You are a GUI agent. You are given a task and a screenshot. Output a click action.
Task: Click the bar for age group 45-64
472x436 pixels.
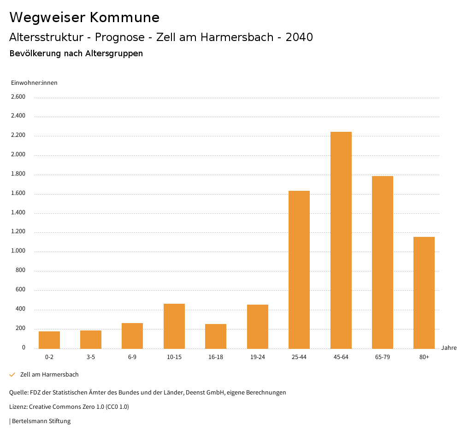341,240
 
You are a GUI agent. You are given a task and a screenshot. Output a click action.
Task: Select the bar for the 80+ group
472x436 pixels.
424,293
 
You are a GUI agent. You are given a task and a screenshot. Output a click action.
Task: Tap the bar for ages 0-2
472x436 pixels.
49,340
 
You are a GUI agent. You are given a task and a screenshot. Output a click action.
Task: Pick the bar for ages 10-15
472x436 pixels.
174,326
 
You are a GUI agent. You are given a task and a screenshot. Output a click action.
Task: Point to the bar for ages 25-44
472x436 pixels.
299,270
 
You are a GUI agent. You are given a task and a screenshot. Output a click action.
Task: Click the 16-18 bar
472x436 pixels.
216,336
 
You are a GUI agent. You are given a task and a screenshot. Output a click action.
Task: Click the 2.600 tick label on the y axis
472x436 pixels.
18,97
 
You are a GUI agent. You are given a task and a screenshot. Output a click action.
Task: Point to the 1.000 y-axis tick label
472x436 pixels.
18,251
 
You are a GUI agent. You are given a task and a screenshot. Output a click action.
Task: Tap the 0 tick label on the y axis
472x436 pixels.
24,348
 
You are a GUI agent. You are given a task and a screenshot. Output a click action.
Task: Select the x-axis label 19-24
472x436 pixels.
257,357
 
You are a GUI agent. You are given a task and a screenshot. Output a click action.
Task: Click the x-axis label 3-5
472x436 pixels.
91,357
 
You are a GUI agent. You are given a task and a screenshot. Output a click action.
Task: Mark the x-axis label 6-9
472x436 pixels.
132,357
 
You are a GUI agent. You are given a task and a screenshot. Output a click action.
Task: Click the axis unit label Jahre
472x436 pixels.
448,348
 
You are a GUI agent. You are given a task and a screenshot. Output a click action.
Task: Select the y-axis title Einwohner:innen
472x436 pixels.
34,83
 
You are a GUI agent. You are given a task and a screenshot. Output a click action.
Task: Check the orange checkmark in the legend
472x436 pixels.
12,375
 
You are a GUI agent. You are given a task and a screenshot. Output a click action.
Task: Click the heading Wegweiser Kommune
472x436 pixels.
84,18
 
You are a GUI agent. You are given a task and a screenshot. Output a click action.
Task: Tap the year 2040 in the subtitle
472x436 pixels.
299,37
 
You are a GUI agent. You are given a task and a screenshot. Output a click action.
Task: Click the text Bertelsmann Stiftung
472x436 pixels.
41,421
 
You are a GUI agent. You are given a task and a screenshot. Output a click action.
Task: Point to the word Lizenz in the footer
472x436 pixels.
18,407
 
